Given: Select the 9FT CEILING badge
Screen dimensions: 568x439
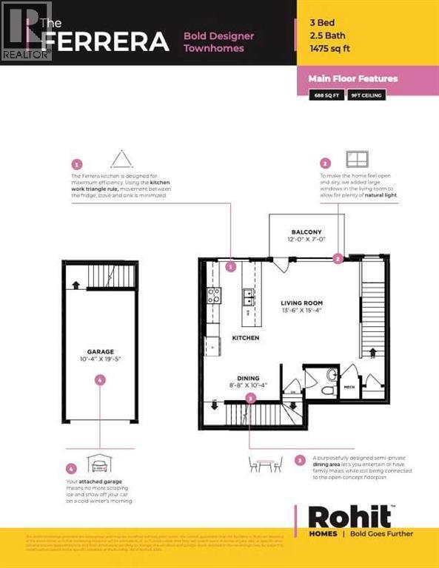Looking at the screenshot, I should (x=368, y=95).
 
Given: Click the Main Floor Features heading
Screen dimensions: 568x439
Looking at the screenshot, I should (x=358, y=78).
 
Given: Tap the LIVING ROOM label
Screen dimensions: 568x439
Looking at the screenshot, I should (x=301, y=303).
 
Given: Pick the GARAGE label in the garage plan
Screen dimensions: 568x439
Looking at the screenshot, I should (x=99, y=352).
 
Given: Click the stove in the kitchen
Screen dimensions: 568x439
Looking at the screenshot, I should (x=214, y=297).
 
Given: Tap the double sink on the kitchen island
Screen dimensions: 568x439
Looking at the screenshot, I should (x=247, y=297).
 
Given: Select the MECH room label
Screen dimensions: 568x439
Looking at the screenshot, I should (x=349, y=386).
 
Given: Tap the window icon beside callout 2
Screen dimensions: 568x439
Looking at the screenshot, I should (x=358, y=160).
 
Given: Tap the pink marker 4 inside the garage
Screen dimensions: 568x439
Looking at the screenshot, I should (x=100, y=379).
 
